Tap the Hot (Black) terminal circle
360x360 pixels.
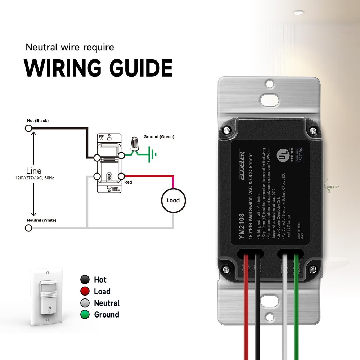click(28, 128)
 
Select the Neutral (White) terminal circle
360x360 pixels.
click(28, 228)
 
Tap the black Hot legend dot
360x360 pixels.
click(85, 280)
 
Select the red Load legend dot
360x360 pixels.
click(85, 291)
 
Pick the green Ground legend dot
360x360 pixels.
click(85, 315)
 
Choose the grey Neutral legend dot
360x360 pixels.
click(85, 303)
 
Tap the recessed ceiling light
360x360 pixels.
click(298, 13)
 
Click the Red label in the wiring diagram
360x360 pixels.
click(128, 183)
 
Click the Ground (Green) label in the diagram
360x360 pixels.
click(159, 137)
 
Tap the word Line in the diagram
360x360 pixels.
click(34, 171)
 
